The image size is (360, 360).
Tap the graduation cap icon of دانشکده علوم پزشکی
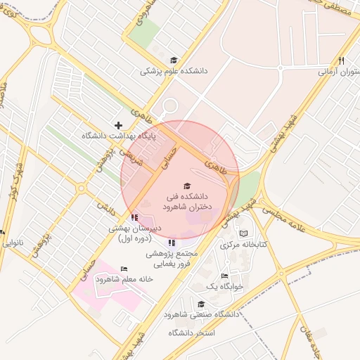coord(174,60)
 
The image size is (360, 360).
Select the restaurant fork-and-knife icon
coord(341,61)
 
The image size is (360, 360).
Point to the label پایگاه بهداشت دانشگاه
coord(118,135)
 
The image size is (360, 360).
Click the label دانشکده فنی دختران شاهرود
coord(186,203)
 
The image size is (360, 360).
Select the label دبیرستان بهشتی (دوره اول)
coord(135,233)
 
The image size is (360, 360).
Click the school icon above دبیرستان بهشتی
coord(134,217)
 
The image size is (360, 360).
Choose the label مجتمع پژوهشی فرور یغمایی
coord(172,258)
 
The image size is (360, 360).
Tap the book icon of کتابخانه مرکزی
coord(244,233)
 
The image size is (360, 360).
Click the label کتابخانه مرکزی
coord(241,245)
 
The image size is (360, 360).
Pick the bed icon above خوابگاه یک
coord(224,276)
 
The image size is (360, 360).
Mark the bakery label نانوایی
coord(12,243)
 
